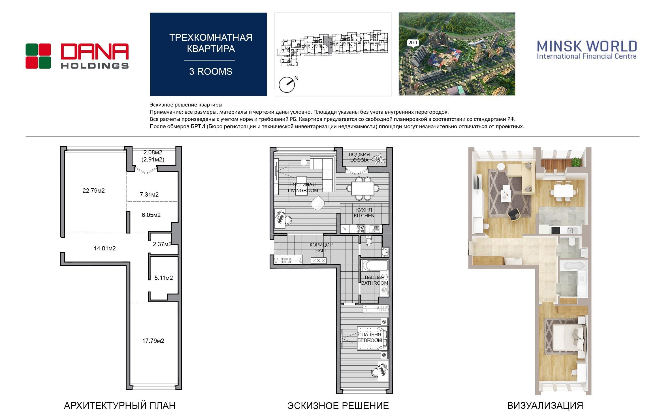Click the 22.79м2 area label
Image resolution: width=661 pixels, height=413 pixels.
93,191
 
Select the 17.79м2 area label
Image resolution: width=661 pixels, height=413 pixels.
153,341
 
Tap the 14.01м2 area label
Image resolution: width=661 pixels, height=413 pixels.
105,248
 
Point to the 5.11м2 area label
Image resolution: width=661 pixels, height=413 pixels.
164,278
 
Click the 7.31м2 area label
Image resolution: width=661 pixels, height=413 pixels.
149,195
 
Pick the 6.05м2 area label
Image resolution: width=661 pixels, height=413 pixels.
151,215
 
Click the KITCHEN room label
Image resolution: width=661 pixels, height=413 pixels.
364,216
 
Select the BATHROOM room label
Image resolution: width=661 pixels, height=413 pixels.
375,283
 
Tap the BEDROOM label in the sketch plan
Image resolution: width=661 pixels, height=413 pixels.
370,340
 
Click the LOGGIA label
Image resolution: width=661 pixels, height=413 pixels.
359,160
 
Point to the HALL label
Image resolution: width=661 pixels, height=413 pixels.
321,250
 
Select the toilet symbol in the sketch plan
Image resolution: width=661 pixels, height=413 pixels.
369,241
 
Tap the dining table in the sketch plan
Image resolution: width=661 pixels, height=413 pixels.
363,188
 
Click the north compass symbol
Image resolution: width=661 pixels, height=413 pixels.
287,84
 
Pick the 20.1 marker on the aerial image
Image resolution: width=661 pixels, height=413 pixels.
413,43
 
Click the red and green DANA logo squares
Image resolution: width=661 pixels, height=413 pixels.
38,56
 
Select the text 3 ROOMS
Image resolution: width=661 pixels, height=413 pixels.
211,72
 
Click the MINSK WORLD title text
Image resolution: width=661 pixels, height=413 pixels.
587,46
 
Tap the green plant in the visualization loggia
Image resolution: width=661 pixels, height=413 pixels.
575,162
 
